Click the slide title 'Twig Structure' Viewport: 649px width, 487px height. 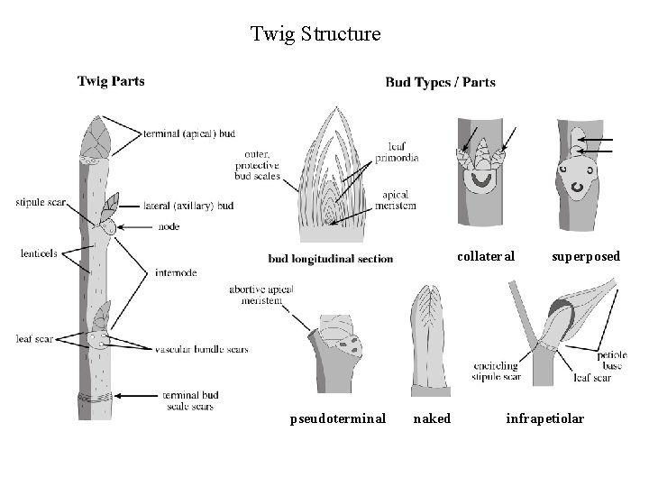[315, 35]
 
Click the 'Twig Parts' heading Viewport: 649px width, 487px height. [111, 81]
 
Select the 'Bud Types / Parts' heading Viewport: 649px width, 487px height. [440, 82]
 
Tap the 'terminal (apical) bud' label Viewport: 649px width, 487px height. [189, 134]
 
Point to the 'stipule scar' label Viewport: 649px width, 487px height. [40, 202]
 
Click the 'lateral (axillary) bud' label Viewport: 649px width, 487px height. [188, 206]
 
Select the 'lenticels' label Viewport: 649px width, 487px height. [39, 253]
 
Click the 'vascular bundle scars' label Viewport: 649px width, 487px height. [201, 349]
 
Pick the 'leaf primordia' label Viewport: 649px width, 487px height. [403, 152]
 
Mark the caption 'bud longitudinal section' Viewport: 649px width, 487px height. [331, 259]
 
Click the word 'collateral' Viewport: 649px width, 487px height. [486, 256]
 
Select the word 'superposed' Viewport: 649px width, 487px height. [586, 256]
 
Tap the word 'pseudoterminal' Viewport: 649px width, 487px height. [338, 418]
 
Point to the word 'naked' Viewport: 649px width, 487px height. [432, 418]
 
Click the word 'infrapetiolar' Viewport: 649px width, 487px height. [545, 418]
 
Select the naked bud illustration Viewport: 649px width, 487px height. [430, 338]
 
